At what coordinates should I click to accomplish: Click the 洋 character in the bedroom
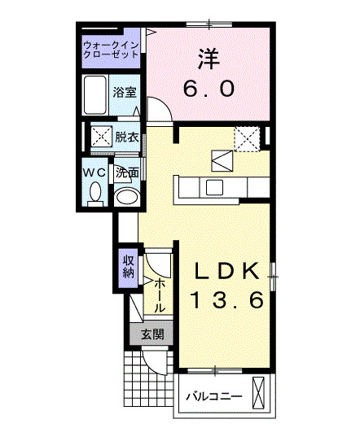(209, 58)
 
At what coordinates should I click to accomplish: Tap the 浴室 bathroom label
(125, 94)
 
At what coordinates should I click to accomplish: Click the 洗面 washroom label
(126, 172)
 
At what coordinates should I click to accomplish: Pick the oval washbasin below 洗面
(125, 196)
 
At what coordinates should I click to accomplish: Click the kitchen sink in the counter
(214, 187)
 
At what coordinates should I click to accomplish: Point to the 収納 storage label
(128, 267)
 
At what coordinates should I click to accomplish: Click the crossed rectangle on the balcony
(260, 394)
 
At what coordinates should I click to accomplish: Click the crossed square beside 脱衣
(102, 136)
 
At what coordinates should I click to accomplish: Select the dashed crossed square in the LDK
(246, 138)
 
